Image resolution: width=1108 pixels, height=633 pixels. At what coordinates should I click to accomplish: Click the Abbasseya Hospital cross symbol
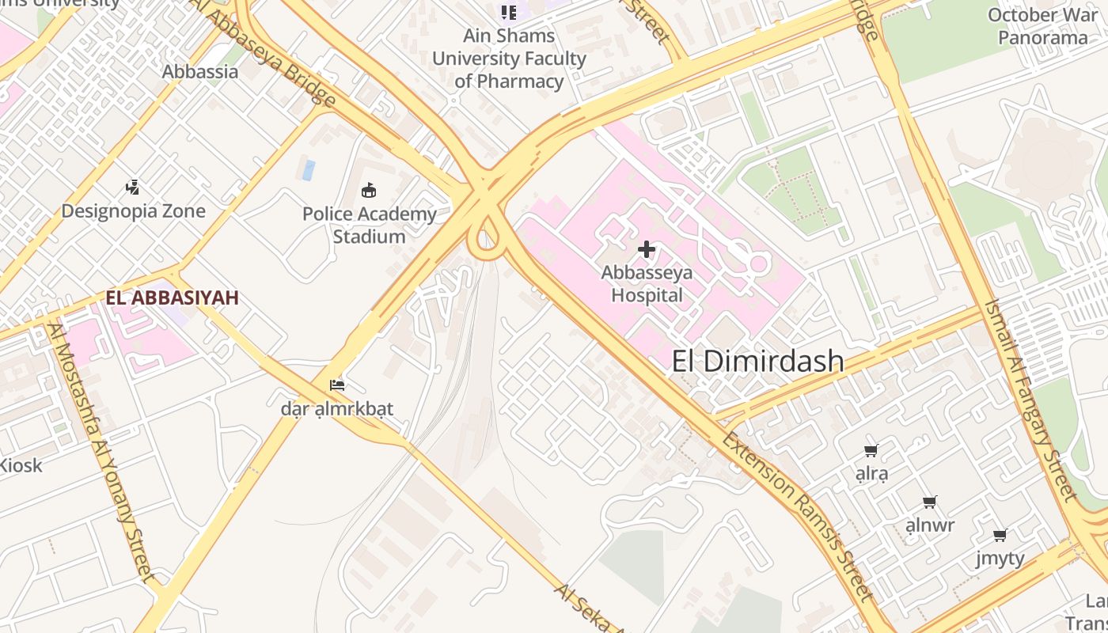[647, 250]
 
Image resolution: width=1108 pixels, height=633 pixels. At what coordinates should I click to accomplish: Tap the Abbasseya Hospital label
[647, 284]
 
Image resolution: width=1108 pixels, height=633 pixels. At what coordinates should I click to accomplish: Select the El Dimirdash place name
[757, 362]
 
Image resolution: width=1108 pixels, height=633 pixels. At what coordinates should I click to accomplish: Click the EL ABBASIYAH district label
[172, 298]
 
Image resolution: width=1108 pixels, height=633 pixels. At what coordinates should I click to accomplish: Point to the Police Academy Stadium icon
[369, 190]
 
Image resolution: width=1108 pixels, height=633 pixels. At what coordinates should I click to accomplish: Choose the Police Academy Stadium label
[369, 225]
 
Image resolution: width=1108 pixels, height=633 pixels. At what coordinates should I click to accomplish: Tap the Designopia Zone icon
[133, 188]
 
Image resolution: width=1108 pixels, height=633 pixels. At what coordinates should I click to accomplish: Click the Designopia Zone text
[133, 211]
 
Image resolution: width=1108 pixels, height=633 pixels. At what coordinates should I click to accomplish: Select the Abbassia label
[200, 72]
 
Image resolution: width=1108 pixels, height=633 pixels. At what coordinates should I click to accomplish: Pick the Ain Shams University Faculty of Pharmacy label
[509, 59]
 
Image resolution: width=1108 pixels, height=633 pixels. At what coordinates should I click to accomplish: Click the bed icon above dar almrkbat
[337, 385]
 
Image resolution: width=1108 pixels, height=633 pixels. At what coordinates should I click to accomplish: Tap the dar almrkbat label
[337, 409]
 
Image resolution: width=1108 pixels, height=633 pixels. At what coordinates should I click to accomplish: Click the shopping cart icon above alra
[871, 451]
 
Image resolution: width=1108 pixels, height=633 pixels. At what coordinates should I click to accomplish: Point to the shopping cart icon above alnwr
[930, 502]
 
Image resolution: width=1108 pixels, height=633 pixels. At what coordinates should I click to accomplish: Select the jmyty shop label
[1000, 559]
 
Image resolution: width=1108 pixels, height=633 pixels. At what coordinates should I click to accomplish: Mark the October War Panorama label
[1042, 26]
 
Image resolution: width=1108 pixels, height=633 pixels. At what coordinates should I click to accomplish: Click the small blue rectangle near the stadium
[309, 170]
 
